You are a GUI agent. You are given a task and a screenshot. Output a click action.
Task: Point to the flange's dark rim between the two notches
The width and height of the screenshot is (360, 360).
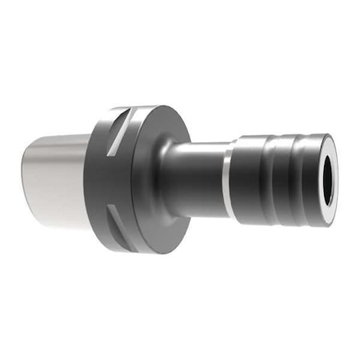(x=100, y=180)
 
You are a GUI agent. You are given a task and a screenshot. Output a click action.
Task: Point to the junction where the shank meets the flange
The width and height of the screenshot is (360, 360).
(x=86, y=180)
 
